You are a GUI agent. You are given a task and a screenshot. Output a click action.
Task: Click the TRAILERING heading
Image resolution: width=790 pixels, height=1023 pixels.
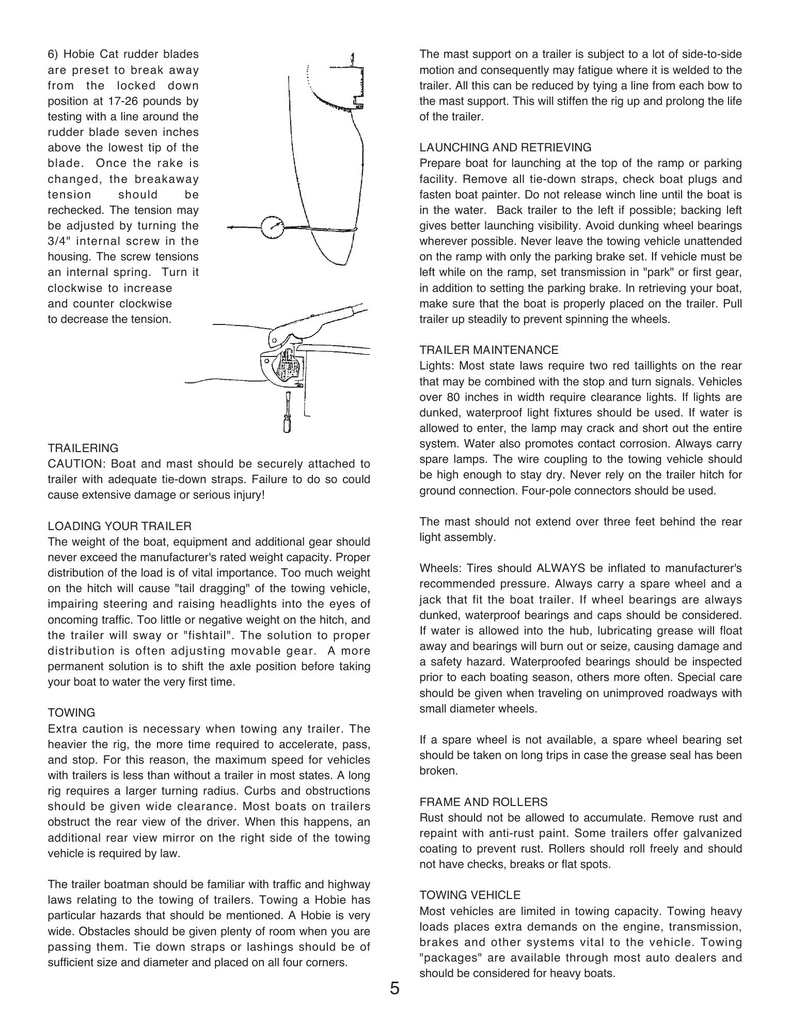click(83, 448)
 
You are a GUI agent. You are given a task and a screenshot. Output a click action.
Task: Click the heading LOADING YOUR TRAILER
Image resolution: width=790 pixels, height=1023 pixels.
click(119, 526)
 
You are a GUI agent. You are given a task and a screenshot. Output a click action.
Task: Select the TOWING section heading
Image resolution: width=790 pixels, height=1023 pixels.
click(71, 712)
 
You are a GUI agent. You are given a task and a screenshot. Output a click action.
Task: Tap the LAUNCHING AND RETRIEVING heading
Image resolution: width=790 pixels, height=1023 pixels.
click(505, 147)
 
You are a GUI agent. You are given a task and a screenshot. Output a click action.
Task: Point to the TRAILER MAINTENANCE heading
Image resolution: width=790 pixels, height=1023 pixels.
click(488, 350)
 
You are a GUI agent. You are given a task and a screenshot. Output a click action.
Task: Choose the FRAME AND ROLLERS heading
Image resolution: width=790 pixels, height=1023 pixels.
click(483, 802)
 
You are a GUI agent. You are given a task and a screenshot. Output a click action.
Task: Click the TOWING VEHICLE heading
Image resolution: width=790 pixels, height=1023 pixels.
click(470, 895)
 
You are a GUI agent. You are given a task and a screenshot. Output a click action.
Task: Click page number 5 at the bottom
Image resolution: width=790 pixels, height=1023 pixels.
click(394, 988)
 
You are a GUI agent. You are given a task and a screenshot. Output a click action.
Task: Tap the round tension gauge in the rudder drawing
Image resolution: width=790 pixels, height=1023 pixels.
click(272, 227)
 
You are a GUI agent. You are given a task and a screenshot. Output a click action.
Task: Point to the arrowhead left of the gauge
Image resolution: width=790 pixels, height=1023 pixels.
click(230, 227)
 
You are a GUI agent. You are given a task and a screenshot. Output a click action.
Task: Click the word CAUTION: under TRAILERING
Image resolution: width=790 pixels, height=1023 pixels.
click(77, 463)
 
